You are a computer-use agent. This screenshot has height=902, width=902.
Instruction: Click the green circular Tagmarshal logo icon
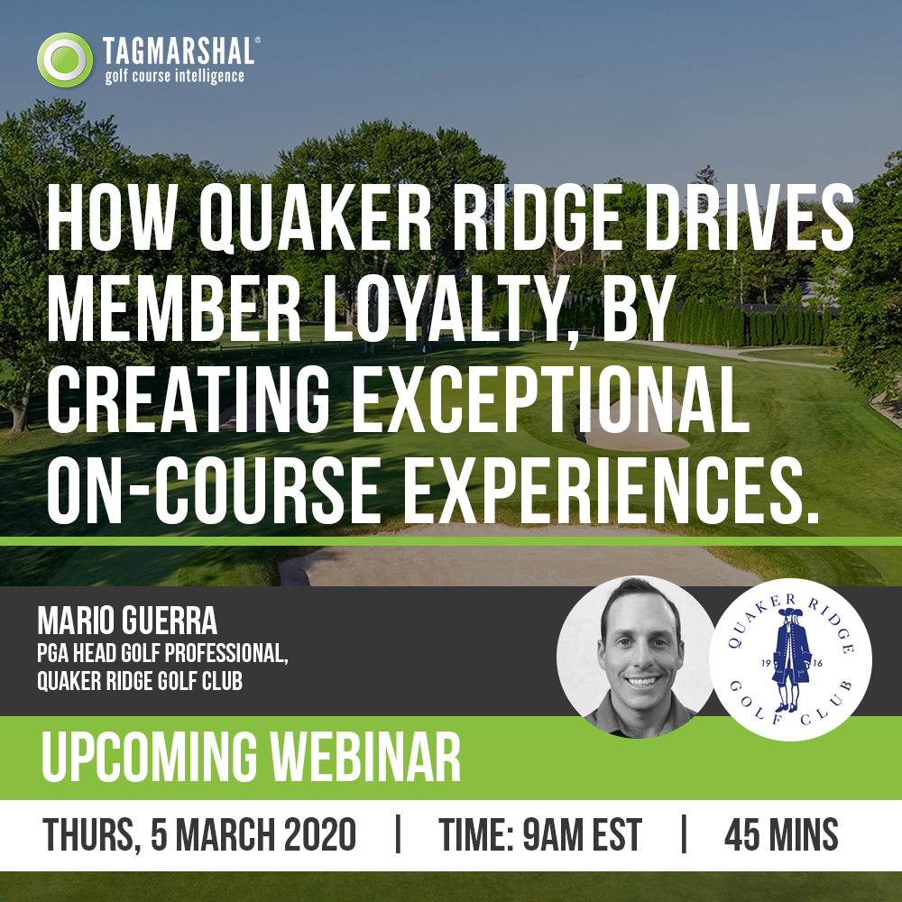[x=65, y=60]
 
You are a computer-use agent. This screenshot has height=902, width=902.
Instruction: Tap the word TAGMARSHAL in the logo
[x=179, y=51]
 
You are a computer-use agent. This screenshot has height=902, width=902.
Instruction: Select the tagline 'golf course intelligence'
[x=174, y=77]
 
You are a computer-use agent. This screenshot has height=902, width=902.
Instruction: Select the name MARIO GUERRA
[x=127, y=621]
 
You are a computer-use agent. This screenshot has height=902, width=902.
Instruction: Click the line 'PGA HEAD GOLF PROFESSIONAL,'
[x=162, y=653]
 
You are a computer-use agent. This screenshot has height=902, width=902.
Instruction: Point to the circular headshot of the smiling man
[x=636, y=657]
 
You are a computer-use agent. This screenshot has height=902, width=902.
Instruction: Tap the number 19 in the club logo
[x=766, y=663]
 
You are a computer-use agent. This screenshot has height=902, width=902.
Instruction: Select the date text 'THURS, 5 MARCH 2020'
[x=199, y=834]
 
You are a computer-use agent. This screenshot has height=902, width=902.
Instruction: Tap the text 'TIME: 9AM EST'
[x=539, y=834]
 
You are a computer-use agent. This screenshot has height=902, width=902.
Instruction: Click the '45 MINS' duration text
[x=780, y=834]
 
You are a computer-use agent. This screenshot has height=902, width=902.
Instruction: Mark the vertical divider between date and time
[x=398, y=833]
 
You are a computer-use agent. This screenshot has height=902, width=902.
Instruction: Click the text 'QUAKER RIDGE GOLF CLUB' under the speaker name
[x=140, y=681]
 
